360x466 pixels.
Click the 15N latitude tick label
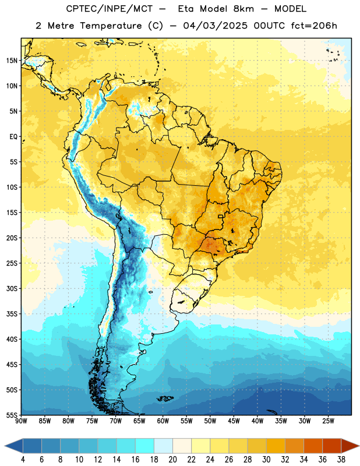click(12, 61)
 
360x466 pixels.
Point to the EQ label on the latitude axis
click(13, 137)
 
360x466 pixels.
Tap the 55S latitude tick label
click(12, 415)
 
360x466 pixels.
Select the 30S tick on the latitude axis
click(12, 288)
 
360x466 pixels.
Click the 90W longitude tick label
click(21, 421)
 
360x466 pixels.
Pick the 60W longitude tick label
click(163, 421)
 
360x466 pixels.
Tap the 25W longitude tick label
click(328, 421)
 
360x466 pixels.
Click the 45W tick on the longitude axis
click(234, 421)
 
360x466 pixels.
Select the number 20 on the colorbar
click(172, 460)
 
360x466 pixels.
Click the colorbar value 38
click(341, 460)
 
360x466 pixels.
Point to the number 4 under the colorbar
click(23, 460)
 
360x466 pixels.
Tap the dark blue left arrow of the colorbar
click(13, 446)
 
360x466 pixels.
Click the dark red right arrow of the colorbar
click(350, 446)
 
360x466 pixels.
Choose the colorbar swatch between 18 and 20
click(163, 446)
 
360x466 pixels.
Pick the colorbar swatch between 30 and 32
click(276, 446)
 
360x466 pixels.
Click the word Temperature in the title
click(111, 26)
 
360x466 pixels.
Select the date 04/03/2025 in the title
click(215, 26)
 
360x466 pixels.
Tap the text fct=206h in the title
click(314, 26)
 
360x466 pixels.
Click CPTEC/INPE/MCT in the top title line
click(110, 9)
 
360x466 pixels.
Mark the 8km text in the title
click(243, 9)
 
